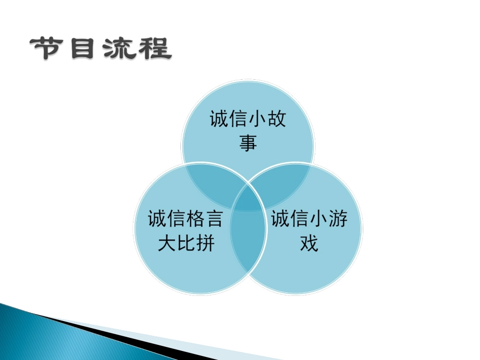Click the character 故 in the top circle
pos(276,120)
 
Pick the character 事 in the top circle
pos(248,143)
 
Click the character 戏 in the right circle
pos(309,244)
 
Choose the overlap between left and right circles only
pos(248,242)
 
